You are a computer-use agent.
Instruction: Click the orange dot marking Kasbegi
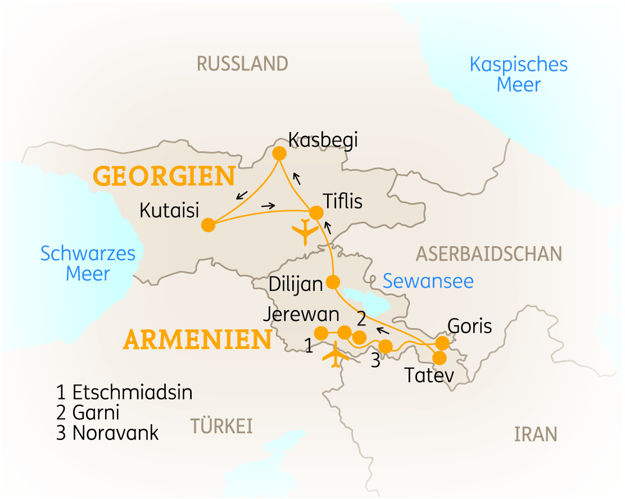tap(279, 153)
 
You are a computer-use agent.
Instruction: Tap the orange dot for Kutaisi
tap(209, 225)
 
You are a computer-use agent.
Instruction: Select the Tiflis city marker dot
tap(316, 213)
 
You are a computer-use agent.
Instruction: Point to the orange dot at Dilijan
tap(334, 282)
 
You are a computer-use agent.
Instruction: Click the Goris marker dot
tap(443, 342)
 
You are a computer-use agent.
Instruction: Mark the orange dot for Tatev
tap(438, 357)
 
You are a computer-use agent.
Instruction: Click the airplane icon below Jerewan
tap(336, 357)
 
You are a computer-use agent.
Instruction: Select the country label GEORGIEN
tap(164, 176)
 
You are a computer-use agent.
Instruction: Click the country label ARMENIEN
tap(197, 340)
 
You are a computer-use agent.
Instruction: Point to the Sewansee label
tap(428, 281)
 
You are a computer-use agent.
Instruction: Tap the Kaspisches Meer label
tap(518, 75)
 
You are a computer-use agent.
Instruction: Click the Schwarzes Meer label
tap(88, 264)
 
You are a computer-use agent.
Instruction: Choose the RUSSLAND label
tap(242, 63)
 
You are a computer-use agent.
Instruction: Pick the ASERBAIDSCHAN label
tap(488, 254)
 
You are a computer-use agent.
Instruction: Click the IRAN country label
tap(535, 434)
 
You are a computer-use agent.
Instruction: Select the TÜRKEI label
tap(221, 426)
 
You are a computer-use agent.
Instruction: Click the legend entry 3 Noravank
tap(107, 433)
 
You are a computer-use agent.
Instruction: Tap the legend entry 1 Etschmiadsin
tap(124, 392)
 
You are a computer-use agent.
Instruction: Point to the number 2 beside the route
tap(361, 319)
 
